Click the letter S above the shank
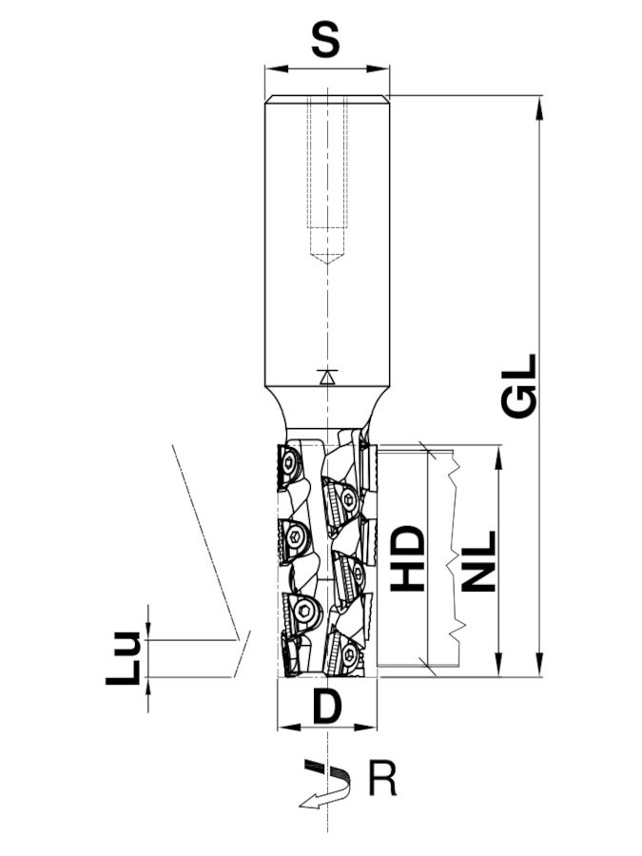point(325,40)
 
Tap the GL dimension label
point(519,386)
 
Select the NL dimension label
point(478,562)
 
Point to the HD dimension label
point(408,558)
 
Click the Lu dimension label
point(124,658)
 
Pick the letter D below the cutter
point(327,707)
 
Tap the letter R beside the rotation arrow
point(383,780)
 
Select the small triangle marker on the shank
point(327,378)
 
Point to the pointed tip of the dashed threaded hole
point(327,264)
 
